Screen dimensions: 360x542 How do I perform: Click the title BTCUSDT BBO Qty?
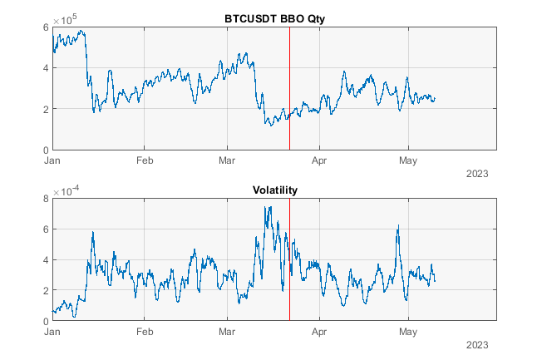pyautogui.click(x=274, y=19)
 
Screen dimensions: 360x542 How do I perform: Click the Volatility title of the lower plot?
pyautogui.click(x=274, y=190)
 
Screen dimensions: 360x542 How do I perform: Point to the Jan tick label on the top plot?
pyautogui.click(x=52, y=160)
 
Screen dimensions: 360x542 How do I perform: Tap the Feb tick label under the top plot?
pyautogui.click(x=145, y=160)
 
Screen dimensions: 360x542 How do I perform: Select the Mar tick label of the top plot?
pyautogui.click(x=229, y=160)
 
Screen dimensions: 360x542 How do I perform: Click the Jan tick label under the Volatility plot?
pyautogui.click(x=52, y=331)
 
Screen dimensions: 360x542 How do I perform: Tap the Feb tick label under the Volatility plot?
pyautogui.click(x=145, y=331)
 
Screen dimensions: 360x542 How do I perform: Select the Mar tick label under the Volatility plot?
pyautogui.click(x=229, y=331)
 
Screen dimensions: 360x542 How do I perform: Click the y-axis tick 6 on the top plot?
pyautogui.click(x=45, y=27)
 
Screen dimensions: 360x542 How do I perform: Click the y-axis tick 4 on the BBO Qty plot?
pyautogui.click(x=45, y=68)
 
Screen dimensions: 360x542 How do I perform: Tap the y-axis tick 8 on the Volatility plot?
pyautogui.click(x=45, y=199)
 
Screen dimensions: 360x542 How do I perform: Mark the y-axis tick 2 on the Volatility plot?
pyautogui.click(x=45, y=290)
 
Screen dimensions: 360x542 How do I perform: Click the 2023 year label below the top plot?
pyautogui.click(x=477, y=174)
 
